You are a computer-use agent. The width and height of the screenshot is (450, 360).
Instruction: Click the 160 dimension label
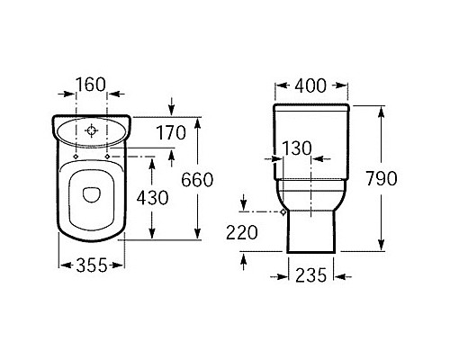(90, 86)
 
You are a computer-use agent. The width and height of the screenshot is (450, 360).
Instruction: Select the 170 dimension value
(169, 133)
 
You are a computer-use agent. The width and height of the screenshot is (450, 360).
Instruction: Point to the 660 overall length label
(197, 179)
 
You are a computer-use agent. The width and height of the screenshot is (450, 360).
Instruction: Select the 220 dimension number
(241, 232)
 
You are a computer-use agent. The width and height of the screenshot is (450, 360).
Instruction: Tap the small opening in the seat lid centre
(90, 192)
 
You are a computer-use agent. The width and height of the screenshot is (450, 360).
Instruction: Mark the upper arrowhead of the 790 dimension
(381, 109)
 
